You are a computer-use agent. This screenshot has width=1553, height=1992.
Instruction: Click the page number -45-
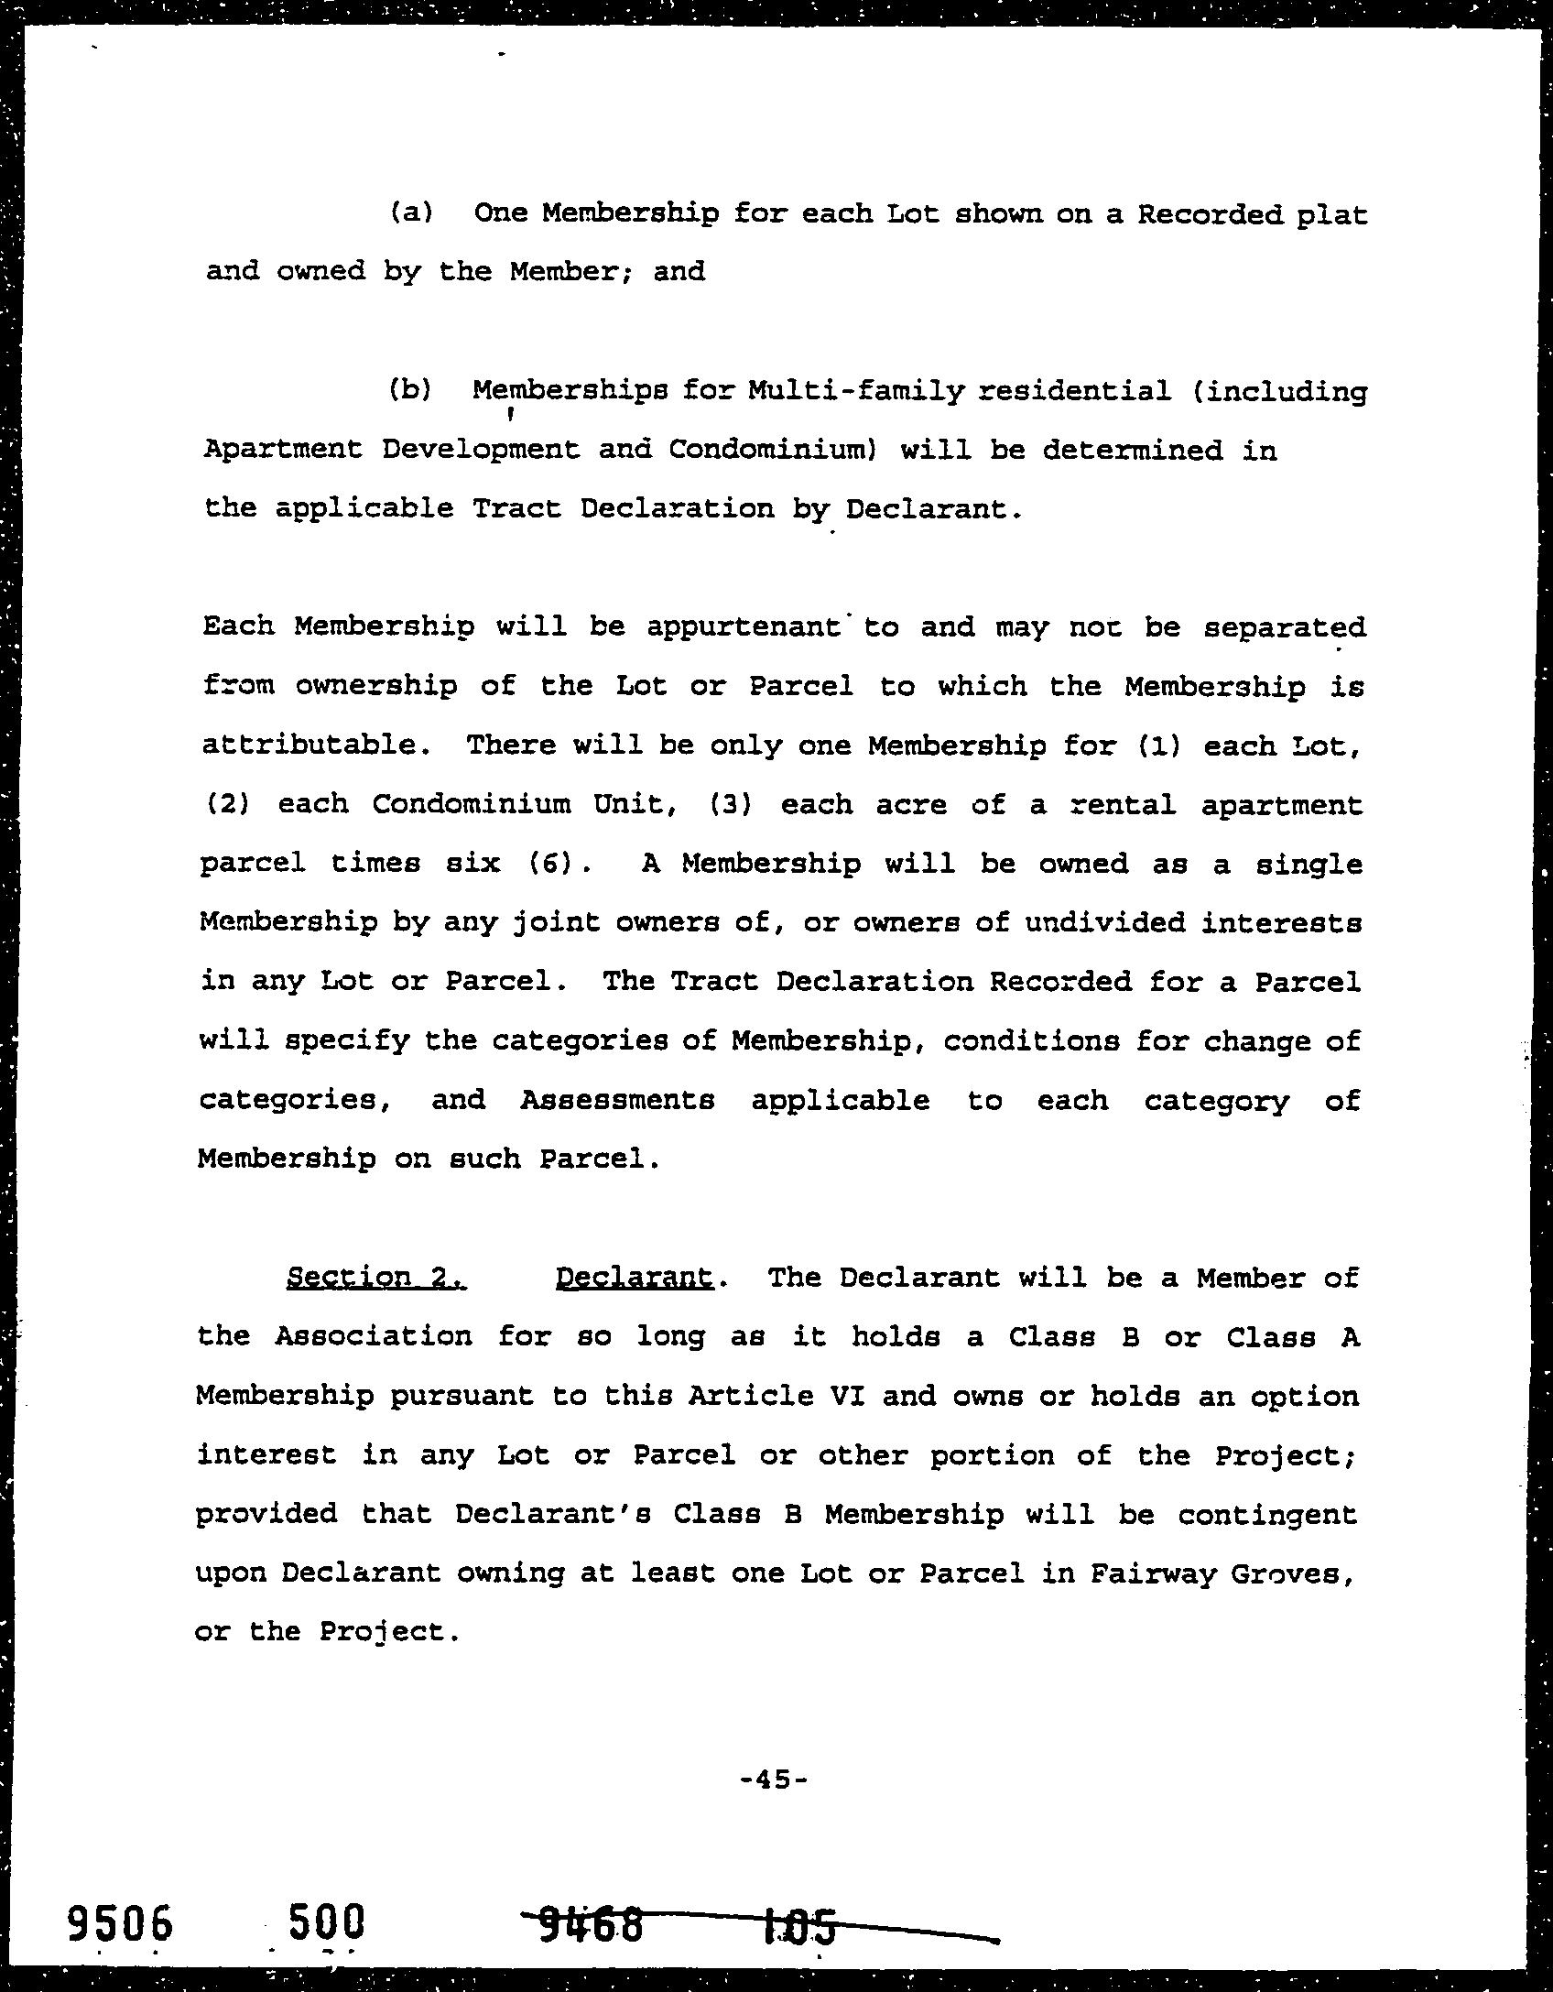(x=774, y=1780)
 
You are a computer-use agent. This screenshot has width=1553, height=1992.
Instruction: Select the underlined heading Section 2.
(x=376, y=1277)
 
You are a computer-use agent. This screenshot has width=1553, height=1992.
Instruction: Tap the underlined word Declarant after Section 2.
(x=634, y=1277)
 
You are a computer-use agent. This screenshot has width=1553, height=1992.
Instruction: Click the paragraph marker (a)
(x=410, y=213)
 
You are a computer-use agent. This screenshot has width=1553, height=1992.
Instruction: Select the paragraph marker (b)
(x=409, y=390)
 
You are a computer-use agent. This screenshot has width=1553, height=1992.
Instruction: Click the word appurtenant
(x=743, y=626)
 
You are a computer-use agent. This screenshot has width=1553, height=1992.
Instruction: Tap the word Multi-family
(x=856, y=391)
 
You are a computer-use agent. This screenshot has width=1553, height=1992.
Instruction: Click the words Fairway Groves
(x=1221, y=1573)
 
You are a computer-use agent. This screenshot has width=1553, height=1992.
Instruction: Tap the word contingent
(x=1267, y=1514)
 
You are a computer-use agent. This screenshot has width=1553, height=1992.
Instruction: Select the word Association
(x=374, y=1336)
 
